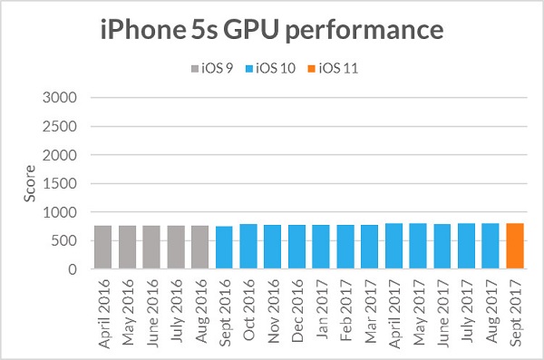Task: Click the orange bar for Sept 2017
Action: [514, 247]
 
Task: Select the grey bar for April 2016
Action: [102, 248]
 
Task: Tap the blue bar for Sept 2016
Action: [224, 248]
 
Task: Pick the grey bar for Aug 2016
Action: [199, 248]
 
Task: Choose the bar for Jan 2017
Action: [321, 247]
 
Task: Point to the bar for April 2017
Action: [393, 247]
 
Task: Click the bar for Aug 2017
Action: [491, 247]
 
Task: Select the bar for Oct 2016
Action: [248, 247]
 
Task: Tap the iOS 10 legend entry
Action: [273, 67]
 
